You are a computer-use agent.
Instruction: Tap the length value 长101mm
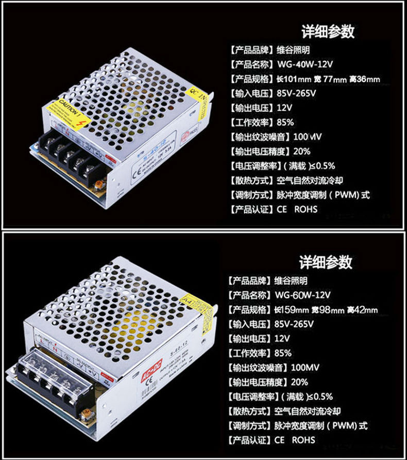click(x=293, y=79)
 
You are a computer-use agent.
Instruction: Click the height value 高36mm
click(x=364, y=79)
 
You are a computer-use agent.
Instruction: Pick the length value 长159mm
click(x=292, y=310)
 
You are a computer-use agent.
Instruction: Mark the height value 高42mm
click(x=362, y=310)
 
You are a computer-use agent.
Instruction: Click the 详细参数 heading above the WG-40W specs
click(x=328, y=31)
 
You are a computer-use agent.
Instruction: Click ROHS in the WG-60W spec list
click(x=303, y=440)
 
